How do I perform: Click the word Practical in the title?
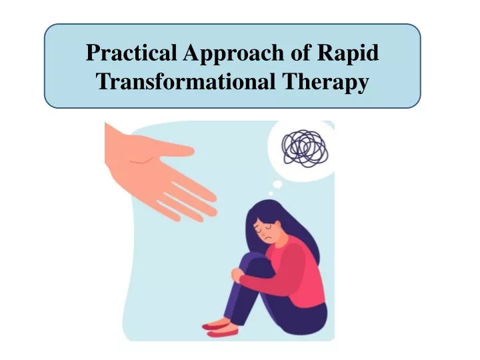(131, 53)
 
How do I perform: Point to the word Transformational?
(186, 81)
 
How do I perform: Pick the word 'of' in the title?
(301, 53)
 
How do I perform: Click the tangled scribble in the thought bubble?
(305, 149)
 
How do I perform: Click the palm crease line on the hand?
(141, 160)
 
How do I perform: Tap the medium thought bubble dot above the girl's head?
(277, 184)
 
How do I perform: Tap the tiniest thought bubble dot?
(271, 193)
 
